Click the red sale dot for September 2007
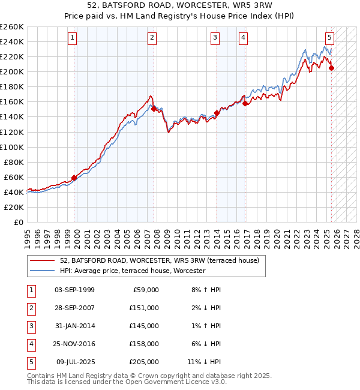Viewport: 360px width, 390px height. (x=154, y=109)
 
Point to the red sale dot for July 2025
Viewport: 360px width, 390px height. (x=331, y=68)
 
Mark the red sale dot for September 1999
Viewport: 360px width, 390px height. (x=74, y=178)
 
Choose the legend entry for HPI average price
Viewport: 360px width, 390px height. (x=133, y=271)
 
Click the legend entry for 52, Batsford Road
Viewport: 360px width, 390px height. (x=159, y=260)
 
